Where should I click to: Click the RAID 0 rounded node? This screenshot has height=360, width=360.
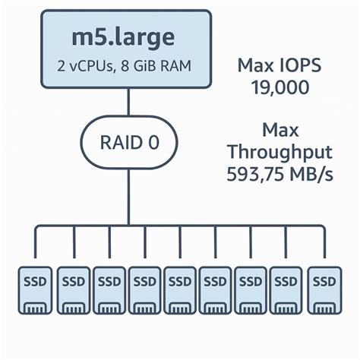click(x=128, y=142)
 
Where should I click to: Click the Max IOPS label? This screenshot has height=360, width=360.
click(x=279, y=65)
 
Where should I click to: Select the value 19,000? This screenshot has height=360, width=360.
click(x=279, y=87)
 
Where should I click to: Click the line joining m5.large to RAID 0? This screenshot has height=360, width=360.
click(x=128, y=103)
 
